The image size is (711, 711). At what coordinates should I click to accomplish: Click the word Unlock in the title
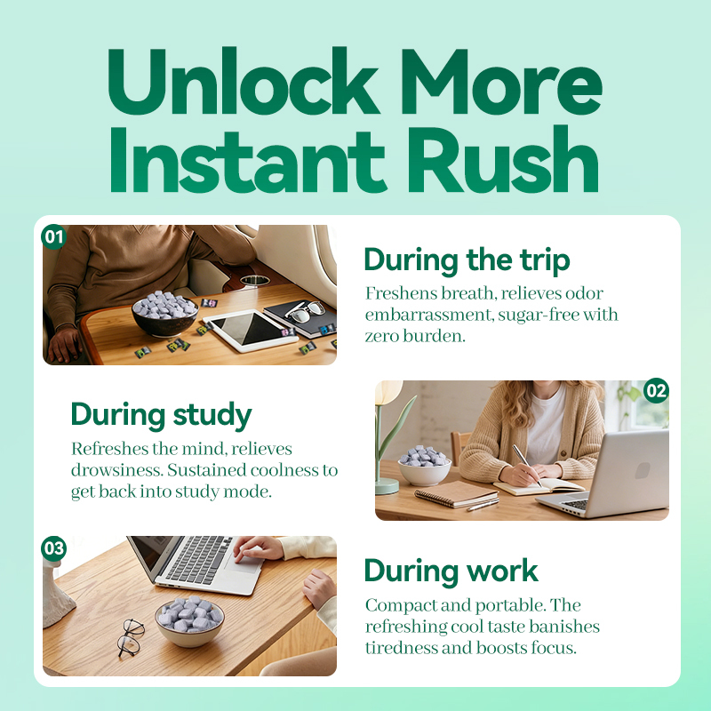coord(243,81)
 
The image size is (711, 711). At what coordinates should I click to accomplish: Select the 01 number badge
coord(54,236)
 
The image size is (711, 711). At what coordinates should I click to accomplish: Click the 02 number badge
coord(656,390)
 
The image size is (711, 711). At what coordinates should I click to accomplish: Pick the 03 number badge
coord(54,548)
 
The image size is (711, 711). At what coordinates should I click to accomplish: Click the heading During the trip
coord(467,260)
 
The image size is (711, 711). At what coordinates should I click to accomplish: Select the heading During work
coord(451,571)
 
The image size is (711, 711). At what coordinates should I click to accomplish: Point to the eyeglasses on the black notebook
coord(305,312)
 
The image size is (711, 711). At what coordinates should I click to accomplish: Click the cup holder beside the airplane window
coord(254,280)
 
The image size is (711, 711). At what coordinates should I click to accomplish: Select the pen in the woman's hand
coord(527,465)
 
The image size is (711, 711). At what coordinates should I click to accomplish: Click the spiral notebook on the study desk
coord(456,494)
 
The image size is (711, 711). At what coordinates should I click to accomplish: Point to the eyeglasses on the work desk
coord(131,637)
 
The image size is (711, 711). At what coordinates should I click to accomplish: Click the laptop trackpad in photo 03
coord(244,563)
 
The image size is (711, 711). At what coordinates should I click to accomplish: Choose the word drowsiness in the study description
coord(116,470)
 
